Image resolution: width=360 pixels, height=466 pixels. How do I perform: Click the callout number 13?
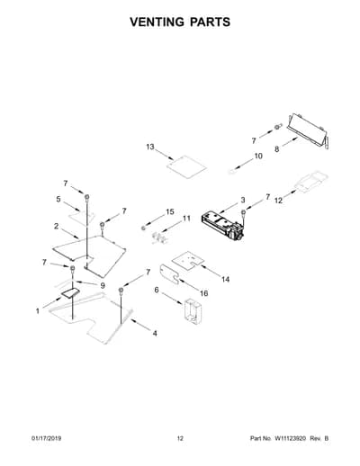[150, 147]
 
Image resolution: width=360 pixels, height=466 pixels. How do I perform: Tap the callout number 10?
[258, 156]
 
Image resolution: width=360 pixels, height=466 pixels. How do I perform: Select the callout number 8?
[276, 149]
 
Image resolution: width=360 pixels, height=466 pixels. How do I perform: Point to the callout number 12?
[279, 201]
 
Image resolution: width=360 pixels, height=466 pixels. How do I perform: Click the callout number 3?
[242, 200]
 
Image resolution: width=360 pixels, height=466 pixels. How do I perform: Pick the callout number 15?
[170, 211]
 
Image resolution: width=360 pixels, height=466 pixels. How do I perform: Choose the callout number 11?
[186, 219]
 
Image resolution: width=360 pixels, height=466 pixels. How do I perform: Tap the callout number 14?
[225, 280]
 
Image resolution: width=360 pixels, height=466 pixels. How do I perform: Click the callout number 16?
[203, 293]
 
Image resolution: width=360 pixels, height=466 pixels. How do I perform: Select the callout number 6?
[157, 290]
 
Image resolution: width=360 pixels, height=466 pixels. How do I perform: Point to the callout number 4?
[155, 333]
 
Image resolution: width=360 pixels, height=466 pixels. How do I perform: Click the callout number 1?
[38, 311]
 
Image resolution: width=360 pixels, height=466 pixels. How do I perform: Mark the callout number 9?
[103, 285]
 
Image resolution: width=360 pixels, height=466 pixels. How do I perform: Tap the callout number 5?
[58, 199]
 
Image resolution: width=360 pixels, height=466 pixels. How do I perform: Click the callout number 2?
[56, 226]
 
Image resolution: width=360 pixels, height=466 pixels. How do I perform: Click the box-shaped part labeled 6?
[193, 311]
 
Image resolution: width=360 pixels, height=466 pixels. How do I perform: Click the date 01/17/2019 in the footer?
[46, 438]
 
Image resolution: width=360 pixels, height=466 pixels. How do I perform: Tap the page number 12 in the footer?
[180, 438]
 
